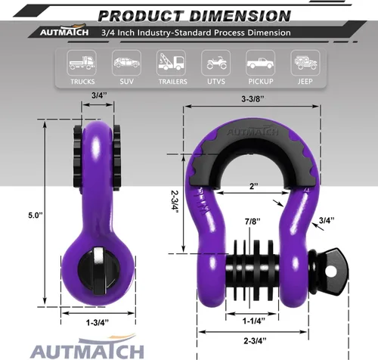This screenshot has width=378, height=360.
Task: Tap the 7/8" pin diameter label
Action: tap(254, 221)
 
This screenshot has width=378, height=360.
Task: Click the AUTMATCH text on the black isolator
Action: tap(254, 141)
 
